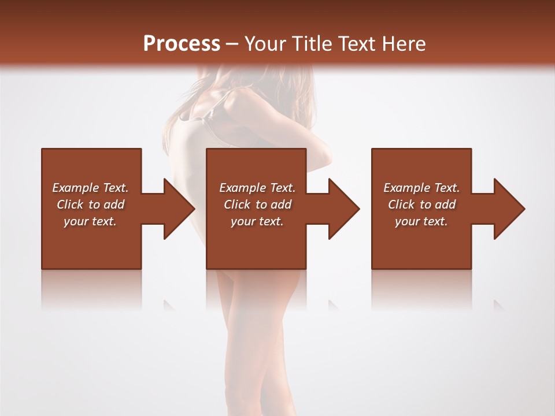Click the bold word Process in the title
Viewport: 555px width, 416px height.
182,44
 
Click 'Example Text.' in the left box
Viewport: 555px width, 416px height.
90,188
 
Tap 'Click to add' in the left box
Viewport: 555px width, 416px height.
90,205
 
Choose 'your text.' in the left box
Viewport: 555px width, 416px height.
90,221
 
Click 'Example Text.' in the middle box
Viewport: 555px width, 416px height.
257,188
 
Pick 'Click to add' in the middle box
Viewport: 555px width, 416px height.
257,205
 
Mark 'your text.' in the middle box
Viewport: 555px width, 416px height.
257,221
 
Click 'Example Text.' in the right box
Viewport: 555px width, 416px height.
421,188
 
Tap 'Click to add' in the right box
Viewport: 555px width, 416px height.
421,205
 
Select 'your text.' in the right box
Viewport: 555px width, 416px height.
421,221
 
